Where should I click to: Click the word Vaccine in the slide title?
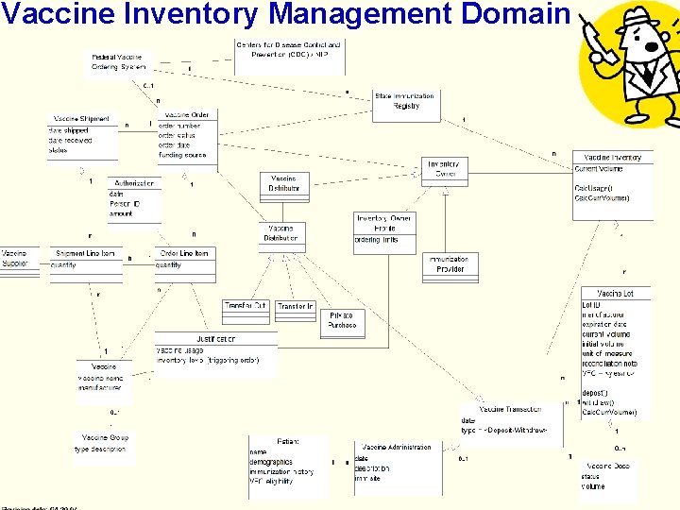[x=53, y=14]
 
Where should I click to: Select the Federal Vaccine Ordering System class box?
[x=118, y=61]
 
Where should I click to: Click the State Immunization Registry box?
[x=405, y=101]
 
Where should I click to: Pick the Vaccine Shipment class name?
[x=81, y=119]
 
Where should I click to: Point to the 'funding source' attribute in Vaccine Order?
[x=182, y=155]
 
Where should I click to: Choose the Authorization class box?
[x=135, y=198]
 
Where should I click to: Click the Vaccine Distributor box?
[x=283, y=183]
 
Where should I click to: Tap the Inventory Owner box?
[x=445, y=169]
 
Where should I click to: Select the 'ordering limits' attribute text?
[x=377, y=240]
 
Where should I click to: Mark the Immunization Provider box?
[x=449, y=263]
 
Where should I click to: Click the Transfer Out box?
[x=246, y=306]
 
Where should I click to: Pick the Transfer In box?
[x=296, y=306]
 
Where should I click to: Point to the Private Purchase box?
[x=342, y=320]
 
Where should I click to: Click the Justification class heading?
[x=216, y=338]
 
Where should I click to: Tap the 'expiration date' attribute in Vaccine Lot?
[x=605, y=324]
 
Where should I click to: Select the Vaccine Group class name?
[x=105, y=437]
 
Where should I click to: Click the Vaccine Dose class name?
[x=606, y=466]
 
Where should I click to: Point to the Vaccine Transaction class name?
[x=510, y=409]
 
